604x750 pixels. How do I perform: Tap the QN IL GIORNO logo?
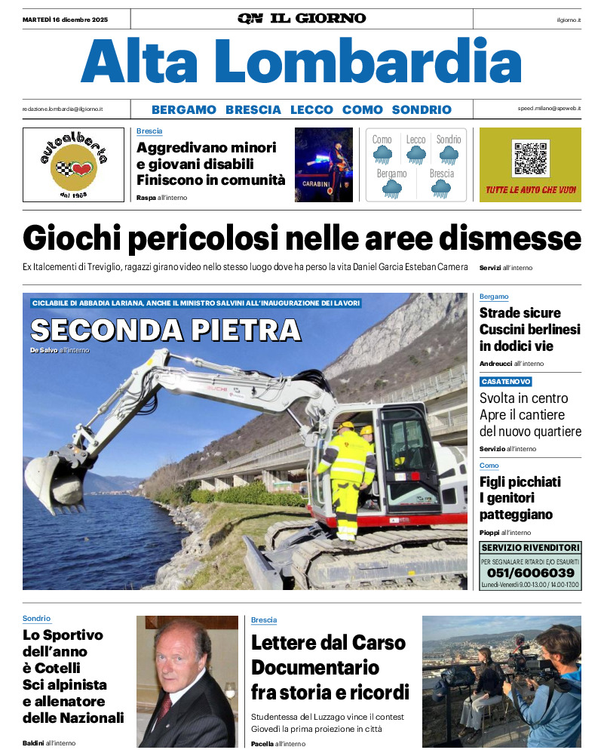tap(302, 18)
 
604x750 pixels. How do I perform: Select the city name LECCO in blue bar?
tap(311, 109)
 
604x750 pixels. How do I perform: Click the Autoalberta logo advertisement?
tap(73, 164)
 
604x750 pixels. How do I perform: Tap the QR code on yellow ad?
tap(531, 158)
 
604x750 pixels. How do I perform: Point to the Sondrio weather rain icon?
tap(449, 155)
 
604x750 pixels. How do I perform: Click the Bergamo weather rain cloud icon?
tap(391, 189)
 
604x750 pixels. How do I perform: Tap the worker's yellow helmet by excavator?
tap(347, 426)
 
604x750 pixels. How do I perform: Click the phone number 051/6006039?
tap(530, 573)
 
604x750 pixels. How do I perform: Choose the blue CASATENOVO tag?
tap(506, 382)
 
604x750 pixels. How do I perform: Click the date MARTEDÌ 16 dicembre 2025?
tap(65, 19)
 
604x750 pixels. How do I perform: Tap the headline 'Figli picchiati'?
tap(520, 482)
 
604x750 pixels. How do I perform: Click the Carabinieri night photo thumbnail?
tap(323, 164)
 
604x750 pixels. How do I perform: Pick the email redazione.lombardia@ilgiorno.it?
tap(63, 109)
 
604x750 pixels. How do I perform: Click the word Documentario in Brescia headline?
tap(314, 668)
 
